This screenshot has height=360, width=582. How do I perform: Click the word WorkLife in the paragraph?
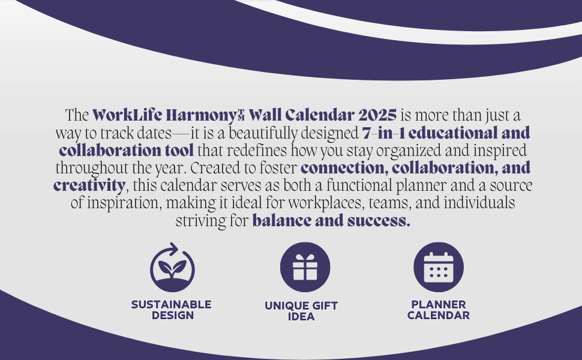127,115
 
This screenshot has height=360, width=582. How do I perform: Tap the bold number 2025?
377,115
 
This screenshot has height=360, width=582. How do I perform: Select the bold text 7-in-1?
383,133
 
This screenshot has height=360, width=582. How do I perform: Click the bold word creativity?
89,185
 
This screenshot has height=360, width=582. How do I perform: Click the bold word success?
379,221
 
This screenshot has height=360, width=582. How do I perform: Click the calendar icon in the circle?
439,268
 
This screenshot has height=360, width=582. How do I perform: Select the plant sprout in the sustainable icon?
172,269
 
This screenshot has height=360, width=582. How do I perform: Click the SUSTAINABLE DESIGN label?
172,310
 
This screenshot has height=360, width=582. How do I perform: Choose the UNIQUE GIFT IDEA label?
301,311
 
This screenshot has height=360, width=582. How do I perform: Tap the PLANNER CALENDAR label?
439,310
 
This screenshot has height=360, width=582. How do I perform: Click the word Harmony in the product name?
201,115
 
